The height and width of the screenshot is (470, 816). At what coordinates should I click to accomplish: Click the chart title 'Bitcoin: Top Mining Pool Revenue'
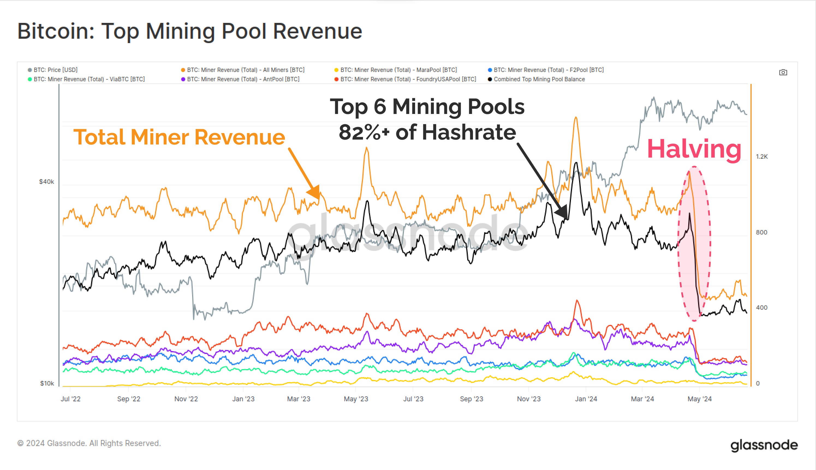coord(190,31)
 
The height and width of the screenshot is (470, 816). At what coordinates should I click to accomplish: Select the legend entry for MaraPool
coord(398,70)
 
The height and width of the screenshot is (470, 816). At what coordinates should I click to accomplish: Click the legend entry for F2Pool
coord(548,70)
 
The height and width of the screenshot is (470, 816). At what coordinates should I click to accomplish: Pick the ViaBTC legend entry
coord(89,79)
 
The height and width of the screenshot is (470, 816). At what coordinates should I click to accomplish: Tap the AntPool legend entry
coord(243,79)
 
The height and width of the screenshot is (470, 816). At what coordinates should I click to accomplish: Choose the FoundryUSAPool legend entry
coord(408,79)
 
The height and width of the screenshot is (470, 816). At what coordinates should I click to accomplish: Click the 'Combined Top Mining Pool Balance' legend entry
coord(539,79)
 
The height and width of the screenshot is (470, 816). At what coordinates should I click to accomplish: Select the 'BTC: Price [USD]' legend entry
coord(55,70)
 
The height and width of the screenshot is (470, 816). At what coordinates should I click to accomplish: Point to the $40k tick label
coord(46,182)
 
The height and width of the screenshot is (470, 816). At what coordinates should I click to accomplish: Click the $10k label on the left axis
coord(47,383)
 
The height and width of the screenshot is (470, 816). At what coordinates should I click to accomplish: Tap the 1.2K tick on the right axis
coord(761,156)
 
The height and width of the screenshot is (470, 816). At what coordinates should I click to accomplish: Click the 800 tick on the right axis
coord(761,232)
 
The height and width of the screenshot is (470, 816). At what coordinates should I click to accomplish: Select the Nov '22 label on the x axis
coord(186,399)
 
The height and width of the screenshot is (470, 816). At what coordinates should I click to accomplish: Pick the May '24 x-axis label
coord(699,399)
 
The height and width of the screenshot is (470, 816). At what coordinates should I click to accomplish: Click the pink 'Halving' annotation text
coord(694,149)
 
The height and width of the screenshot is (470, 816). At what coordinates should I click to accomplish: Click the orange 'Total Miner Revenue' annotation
coord(179,137)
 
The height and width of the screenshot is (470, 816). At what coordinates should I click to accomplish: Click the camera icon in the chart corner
coord(783,72)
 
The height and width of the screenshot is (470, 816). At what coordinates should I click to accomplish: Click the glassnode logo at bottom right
coord(764,445)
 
